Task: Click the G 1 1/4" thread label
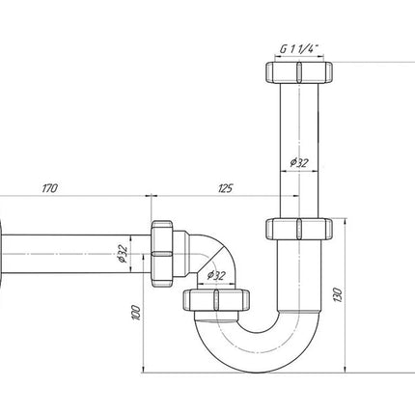298,49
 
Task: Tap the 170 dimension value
49,188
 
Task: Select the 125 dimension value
225,188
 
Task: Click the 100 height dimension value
136,313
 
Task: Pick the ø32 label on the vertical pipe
299,162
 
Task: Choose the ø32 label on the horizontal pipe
123,254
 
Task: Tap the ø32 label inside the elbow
216,275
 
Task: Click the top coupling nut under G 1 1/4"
299,72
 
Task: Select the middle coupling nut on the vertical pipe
299,229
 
